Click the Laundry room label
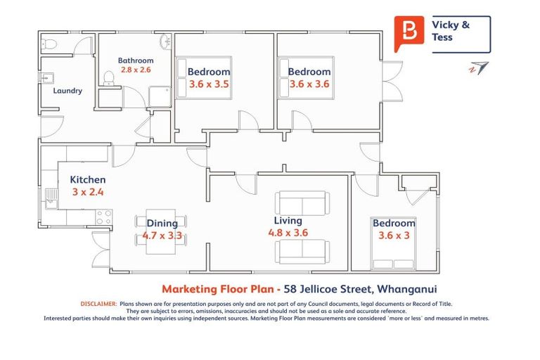67,91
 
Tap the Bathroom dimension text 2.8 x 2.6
136,70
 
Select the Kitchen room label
88,180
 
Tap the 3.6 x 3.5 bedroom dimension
209,84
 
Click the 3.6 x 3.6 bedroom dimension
309,84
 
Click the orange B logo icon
409,32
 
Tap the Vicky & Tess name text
450,31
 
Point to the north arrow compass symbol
479,68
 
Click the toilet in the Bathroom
108,78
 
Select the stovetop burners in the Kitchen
103,217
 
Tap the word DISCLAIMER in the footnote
97,303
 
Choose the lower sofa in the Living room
302,252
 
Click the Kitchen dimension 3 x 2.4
88,192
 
